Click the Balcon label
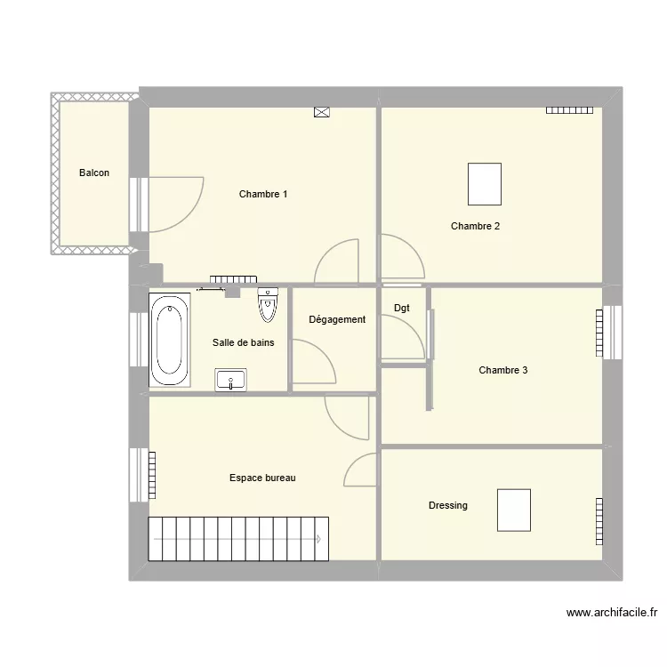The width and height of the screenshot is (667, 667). (x=94, y=173)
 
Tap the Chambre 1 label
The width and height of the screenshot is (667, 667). (x=263, y=194)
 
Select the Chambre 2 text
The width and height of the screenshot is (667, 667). (x=475, y=226)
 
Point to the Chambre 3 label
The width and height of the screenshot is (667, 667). (x=502, y=370)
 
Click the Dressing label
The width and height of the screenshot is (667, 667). (x=447, y=505)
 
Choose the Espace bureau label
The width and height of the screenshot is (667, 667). (x=262, y=478)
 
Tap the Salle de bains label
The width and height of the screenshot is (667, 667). (x=243, y=342)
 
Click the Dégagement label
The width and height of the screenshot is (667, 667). (x=337, y=319)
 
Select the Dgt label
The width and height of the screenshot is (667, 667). (x=402, y=309)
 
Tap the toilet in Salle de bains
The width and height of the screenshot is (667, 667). (x=267, y=304)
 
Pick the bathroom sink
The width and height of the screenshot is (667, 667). (x=232, y=380)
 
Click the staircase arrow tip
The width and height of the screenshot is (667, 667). (x=318, y=538)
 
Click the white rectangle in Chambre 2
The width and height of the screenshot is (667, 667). (x=485, y=184)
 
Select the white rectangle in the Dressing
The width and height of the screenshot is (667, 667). (x=514, y=510)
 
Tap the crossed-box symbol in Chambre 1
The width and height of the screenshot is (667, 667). (x=321, y=112)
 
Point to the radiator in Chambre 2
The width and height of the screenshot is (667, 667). (x=569, y=110)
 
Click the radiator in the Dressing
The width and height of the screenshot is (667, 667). (x=599, y=520)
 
